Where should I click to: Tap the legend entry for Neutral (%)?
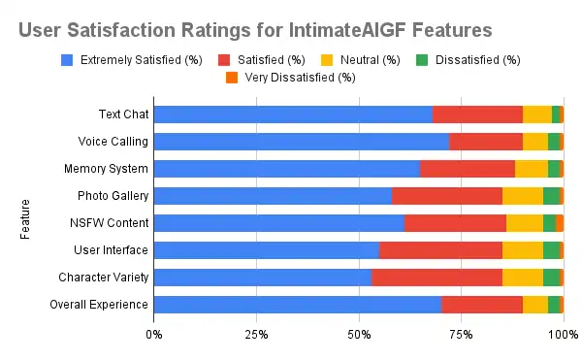coord(361,60)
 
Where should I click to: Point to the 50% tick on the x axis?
coord(359,335)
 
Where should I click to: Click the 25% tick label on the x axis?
coord(256,335)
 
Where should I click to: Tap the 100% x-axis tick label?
coord(562,335)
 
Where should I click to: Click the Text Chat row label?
coord(123,115)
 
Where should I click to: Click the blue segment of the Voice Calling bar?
coord(301,142)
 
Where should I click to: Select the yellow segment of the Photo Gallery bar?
coord(522,196)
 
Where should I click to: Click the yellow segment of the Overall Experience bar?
coord(534,305)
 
